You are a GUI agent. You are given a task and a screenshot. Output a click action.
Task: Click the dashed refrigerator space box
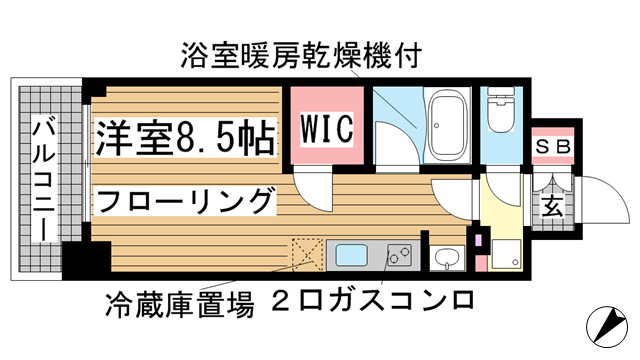coord(307,255)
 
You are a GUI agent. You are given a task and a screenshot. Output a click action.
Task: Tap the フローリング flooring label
coord(185,201)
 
